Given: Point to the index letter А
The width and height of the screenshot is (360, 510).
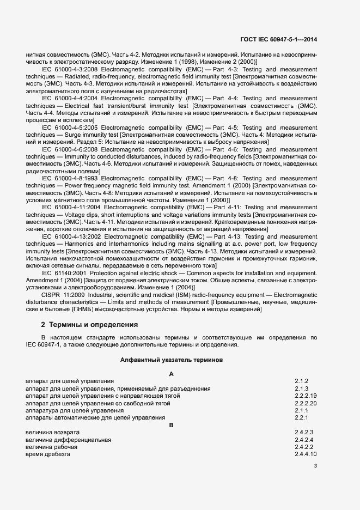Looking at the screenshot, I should [172, 374].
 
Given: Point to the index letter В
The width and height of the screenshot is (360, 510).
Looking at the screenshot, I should [172, 425].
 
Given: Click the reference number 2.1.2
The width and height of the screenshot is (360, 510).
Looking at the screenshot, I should [302, 381].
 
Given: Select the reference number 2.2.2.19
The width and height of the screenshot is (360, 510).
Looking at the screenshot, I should [306, 396].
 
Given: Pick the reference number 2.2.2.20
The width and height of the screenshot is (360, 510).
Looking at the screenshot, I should [306, 403].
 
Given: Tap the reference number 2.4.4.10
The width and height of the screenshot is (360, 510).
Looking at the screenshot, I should [306, 454].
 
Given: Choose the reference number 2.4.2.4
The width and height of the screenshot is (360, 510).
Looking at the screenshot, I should [303, 439].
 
